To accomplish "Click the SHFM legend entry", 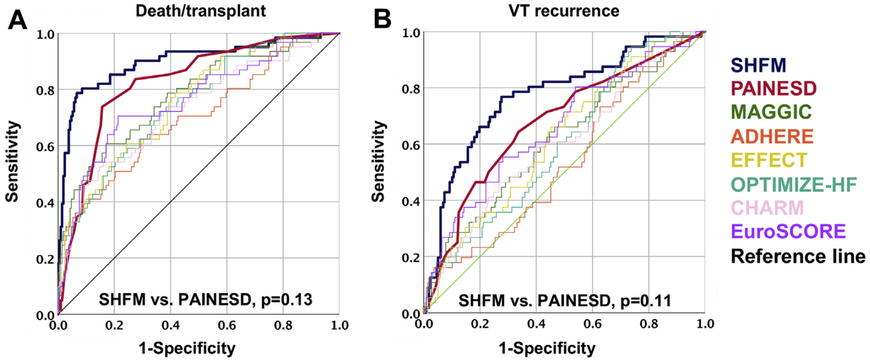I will pos(758,65).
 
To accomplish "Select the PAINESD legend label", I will pos(773,89).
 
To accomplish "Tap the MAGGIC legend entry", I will pos(771,112).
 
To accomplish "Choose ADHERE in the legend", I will pos(772,136).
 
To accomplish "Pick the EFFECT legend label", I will pos(769,160).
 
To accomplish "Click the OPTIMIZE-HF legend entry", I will pos(794,184).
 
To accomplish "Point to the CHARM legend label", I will pos(767,208).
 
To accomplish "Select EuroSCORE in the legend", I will pos(788,231).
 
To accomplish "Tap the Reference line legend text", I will pos(798,256).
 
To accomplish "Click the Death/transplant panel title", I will pos(201,11).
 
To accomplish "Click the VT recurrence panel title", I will pos(564,11).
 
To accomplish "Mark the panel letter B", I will pos(382,20).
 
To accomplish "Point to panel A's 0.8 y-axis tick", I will pos(45,91).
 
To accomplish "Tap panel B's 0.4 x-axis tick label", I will pos(536,324).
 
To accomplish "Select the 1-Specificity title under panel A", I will pos(187,348).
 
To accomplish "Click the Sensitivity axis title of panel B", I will pos(378,162).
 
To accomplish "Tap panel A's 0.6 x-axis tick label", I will pos(227,326).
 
